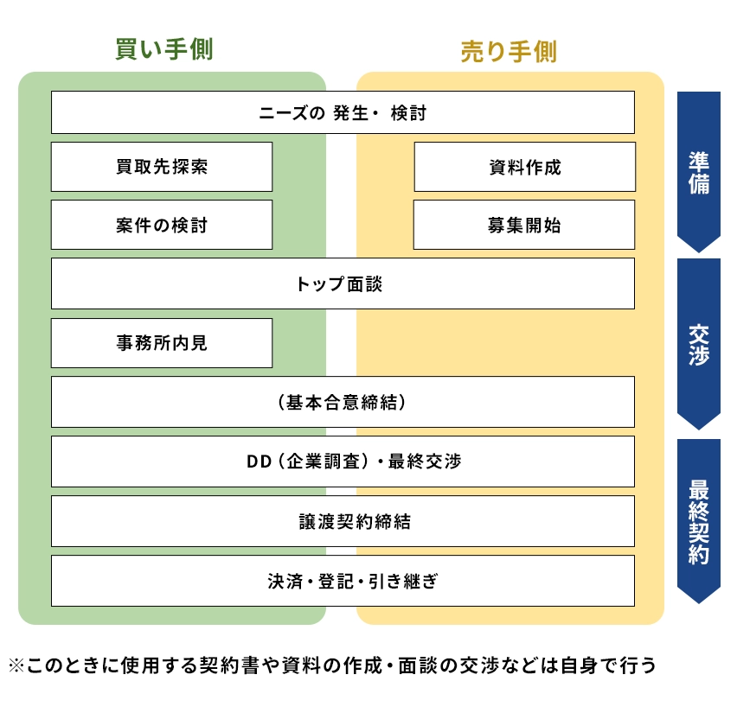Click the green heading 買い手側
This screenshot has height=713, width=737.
pos(164,49)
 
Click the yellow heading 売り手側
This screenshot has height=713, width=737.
pos(509,51)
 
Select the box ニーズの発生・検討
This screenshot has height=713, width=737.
pos(343,112)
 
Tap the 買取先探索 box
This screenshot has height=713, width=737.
pos(162,167)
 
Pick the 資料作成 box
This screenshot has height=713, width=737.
pos(524,167)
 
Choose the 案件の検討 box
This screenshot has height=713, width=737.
pos(162,225)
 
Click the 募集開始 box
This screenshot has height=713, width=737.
pos(524,225)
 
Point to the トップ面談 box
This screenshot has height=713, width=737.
pos(343,283)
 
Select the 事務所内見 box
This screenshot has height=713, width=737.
pos(162,343)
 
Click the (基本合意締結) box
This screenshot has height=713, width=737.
pos(343,402)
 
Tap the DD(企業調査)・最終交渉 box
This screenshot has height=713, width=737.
pos(343,462)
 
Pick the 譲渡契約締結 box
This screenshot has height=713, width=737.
pos(343,521)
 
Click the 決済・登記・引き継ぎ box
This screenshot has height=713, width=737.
pos(343,581)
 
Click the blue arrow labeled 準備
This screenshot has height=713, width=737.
pos(699,172)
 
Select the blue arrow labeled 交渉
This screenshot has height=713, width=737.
pos(699,344)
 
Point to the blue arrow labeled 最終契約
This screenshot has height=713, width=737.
pos(699,521)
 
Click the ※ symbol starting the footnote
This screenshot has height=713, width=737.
pos(16,665)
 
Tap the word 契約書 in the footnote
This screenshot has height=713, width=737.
pos(229,665)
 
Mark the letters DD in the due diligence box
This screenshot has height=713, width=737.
pos(259,462)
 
